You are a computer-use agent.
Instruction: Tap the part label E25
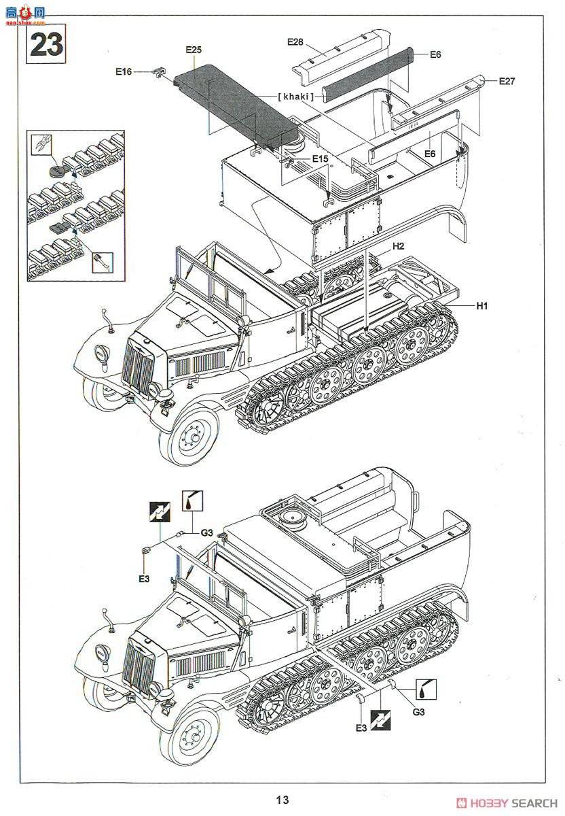point(194,50)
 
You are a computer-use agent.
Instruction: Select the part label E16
point(124,71)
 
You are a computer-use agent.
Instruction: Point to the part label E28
point(295,41)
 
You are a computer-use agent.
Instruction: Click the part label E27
point(507,81)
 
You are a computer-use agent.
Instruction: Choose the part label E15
point(320,158)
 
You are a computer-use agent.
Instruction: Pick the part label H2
point(397,245)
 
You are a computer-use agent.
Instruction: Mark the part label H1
point(481,306)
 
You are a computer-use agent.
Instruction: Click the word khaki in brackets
point(296,97)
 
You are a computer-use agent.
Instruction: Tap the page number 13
point(282,800)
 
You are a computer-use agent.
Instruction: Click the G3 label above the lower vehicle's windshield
point(206,534)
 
